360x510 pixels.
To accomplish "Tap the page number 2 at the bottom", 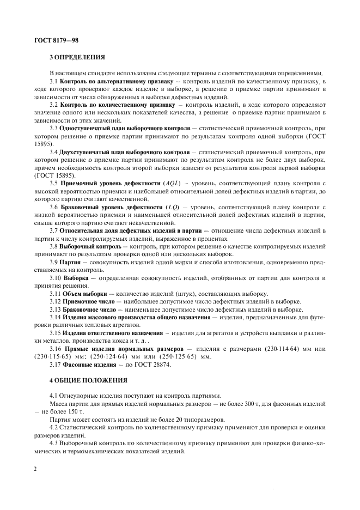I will point(35,467).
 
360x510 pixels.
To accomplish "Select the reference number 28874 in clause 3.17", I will point(161,365).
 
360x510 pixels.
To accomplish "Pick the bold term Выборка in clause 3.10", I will point(77,278).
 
